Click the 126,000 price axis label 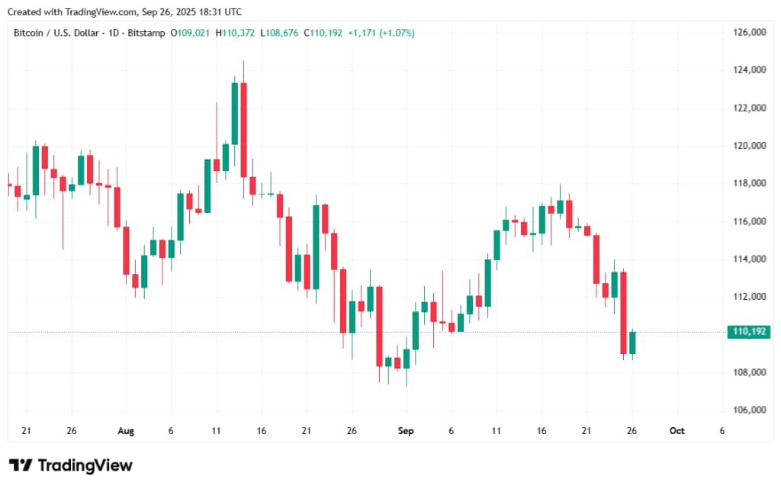pyautogui.click(x=750, y=33)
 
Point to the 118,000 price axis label pyautogui.click(x=750, y=184)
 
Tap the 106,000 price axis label pyautogui.click(x=750, y=410)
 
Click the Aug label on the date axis pyautogui.click(x=126, y=431)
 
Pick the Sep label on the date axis pyautogui.click(x=406, y=431)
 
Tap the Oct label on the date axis pyautogui.click(x=677, y=431)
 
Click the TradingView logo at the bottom pyautogui.click(x=70, y=465)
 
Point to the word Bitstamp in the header pyautogui.click(x=146, y=33)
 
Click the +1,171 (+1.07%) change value pyautogui.click(x=381, y=33)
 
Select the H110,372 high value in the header pyautogui.click(x=236, y=33)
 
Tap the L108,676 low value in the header pyautogui.click(x=280, y=33)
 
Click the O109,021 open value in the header pyautogui.click(x=190, y=33)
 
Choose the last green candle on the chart pyautogui.click(x=632, y=343)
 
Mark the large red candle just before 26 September pyautogui.click(x=623, y=313)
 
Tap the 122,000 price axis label pyautogui.click(x=750, y=108)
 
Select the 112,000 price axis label pyautogui.click(x=750, y=297)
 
